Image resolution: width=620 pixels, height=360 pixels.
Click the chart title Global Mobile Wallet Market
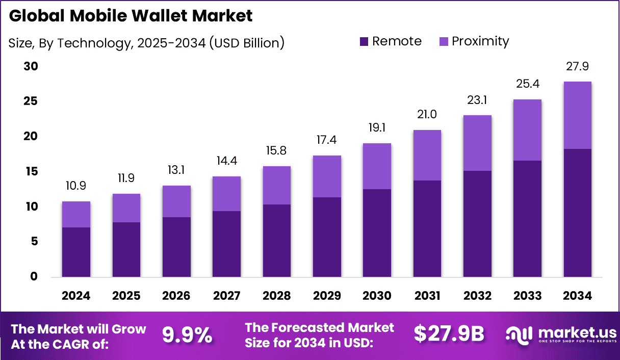click(131, 16)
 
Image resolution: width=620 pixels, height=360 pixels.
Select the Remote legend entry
click(391, 41)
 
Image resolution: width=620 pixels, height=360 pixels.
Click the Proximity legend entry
click(474, 41)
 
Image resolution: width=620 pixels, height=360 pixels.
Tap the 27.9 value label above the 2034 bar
click(578, 67)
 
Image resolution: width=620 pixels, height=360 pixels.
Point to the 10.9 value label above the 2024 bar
click(76, 187)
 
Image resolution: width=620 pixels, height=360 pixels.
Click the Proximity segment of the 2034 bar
click(578, 115)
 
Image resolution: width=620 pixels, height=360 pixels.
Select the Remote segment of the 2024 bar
click(76, 252)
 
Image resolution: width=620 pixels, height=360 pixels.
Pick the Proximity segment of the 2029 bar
click(327, 176)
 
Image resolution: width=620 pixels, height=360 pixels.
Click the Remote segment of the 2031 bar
click(427, 228)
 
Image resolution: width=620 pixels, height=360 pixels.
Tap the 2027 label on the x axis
click(226, 296)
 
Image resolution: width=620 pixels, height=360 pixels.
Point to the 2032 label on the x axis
click(477, 296)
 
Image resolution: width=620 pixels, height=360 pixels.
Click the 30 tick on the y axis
click(31, 67)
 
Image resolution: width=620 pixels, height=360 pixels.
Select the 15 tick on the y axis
click(31, 172)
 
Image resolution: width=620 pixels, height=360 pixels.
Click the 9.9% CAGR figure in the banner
click(187, 335)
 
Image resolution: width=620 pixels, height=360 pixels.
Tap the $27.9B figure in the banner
click(449, 334)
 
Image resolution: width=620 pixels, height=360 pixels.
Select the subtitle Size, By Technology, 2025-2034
click(146, 43)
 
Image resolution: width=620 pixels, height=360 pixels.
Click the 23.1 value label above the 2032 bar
click(477, 100)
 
